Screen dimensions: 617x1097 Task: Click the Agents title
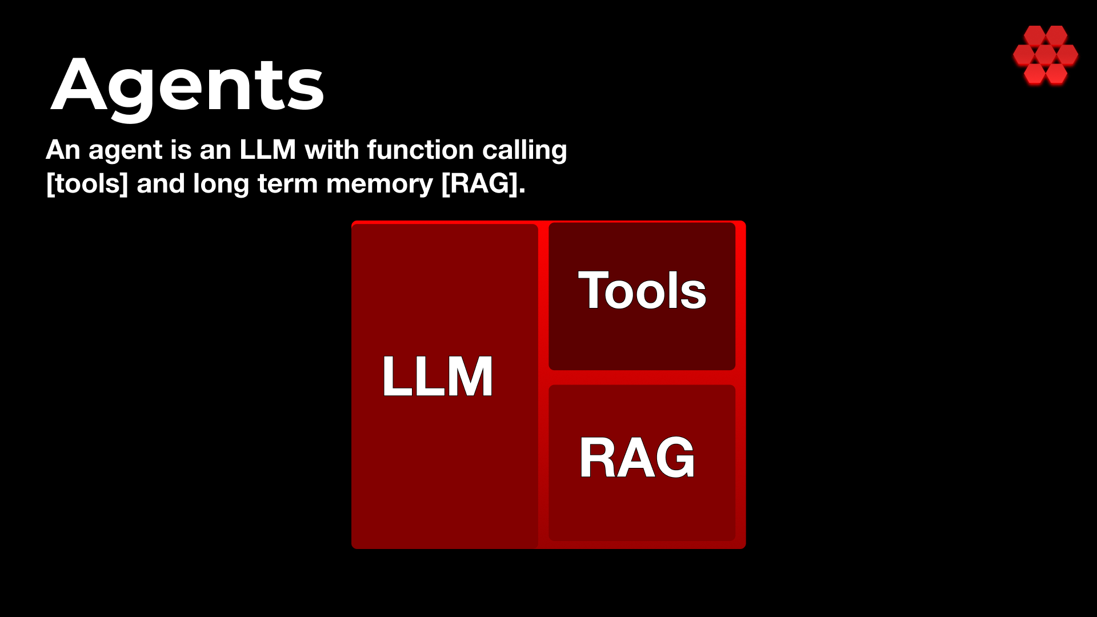coord(187,86)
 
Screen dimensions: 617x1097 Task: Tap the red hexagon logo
coord(1045,55)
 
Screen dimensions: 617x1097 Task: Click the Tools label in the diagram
coord(642,290)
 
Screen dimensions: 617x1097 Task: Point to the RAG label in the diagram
coord(636,457)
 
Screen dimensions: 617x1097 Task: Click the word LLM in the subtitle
coord(267,150)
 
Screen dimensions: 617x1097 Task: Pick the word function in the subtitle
coord(421,150)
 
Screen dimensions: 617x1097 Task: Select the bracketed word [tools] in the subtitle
coord(87,184)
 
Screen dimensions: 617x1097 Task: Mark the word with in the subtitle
coord(332,150)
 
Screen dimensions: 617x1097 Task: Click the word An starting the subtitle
coord(63,150)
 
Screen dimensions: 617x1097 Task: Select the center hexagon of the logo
coord(1045,55)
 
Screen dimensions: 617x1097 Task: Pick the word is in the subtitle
coord(181,150)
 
